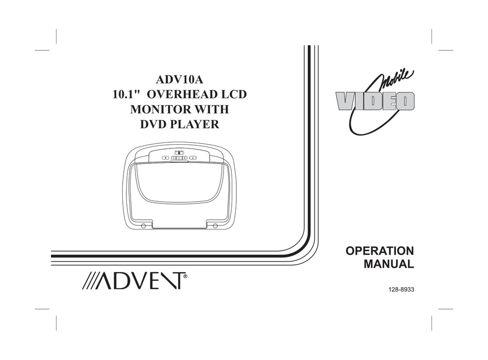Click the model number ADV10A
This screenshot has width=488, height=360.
tap(179, 80)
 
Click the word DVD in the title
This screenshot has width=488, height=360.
tap(153, 124)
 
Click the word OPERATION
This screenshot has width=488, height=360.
tap(380, 251)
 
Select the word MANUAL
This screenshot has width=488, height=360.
tap(389, 264)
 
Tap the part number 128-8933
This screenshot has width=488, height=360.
tap(401, 290)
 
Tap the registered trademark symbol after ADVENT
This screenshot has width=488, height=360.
tap(185, 276)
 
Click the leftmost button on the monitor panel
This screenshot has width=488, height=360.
tap(165, 158)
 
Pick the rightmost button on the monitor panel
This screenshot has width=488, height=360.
tap(193, 158)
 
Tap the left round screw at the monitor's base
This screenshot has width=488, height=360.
tap(143, 225)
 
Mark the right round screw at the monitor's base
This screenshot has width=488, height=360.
tap(215, 225)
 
